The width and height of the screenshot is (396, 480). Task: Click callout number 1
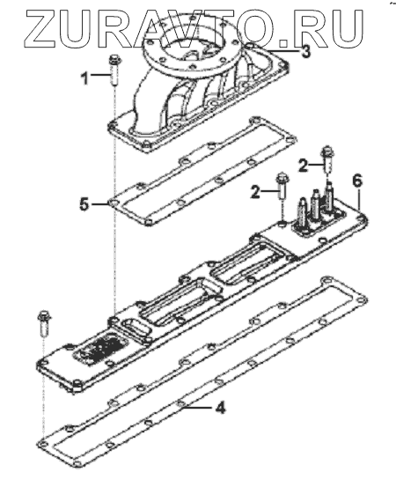[84, 78]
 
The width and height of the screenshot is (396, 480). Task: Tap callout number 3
[304, 52]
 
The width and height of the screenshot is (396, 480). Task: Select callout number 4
[220, 408]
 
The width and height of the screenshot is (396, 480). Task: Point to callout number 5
[84, 204]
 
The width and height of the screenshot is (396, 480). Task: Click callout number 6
[357, 181]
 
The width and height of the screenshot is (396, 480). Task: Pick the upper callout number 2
[303, 166]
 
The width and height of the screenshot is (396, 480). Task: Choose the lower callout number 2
[255, 193]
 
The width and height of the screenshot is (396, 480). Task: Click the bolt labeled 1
[114, 70]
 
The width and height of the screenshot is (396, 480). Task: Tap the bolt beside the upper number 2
[327, 159]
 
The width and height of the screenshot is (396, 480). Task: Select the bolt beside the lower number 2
[281, 187]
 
